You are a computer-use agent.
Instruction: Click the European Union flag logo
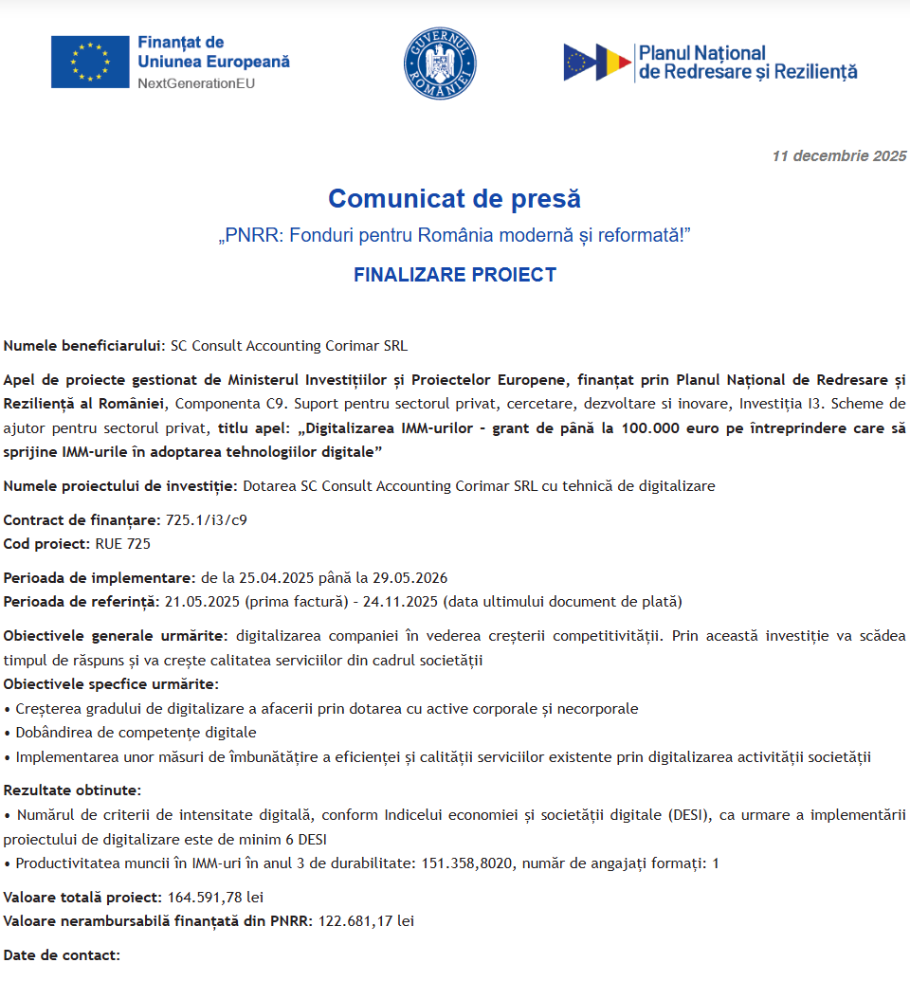coord(90,62)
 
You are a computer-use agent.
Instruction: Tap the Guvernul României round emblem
coord(440,63)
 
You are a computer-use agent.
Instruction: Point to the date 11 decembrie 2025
coord(839,156)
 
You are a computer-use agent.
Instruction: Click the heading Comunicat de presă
coord(454,199)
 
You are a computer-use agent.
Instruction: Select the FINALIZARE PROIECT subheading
coord(454,275)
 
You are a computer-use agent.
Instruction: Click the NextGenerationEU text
coord(196,83)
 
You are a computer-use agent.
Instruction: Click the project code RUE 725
coord(122,544)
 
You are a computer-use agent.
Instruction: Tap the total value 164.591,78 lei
coord(216,897)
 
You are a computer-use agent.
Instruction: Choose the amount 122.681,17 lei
coord(366,920)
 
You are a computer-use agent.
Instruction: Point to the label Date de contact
coord(62,954)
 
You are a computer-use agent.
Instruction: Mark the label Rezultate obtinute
coord(72,790)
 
